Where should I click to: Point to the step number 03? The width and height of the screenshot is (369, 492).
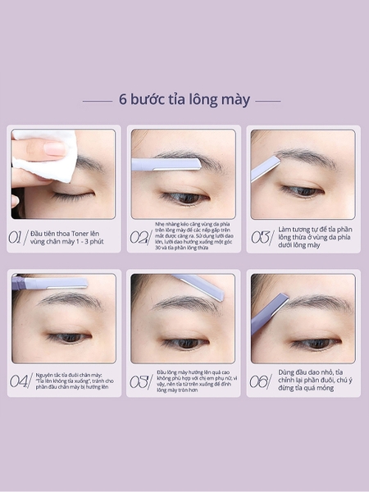260,237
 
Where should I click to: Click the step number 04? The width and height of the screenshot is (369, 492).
20,380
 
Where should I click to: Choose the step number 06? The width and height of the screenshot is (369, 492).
260,380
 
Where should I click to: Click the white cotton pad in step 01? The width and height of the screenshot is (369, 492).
49,156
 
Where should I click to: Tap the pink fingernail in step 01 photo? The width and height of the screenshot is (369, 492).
56,149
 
